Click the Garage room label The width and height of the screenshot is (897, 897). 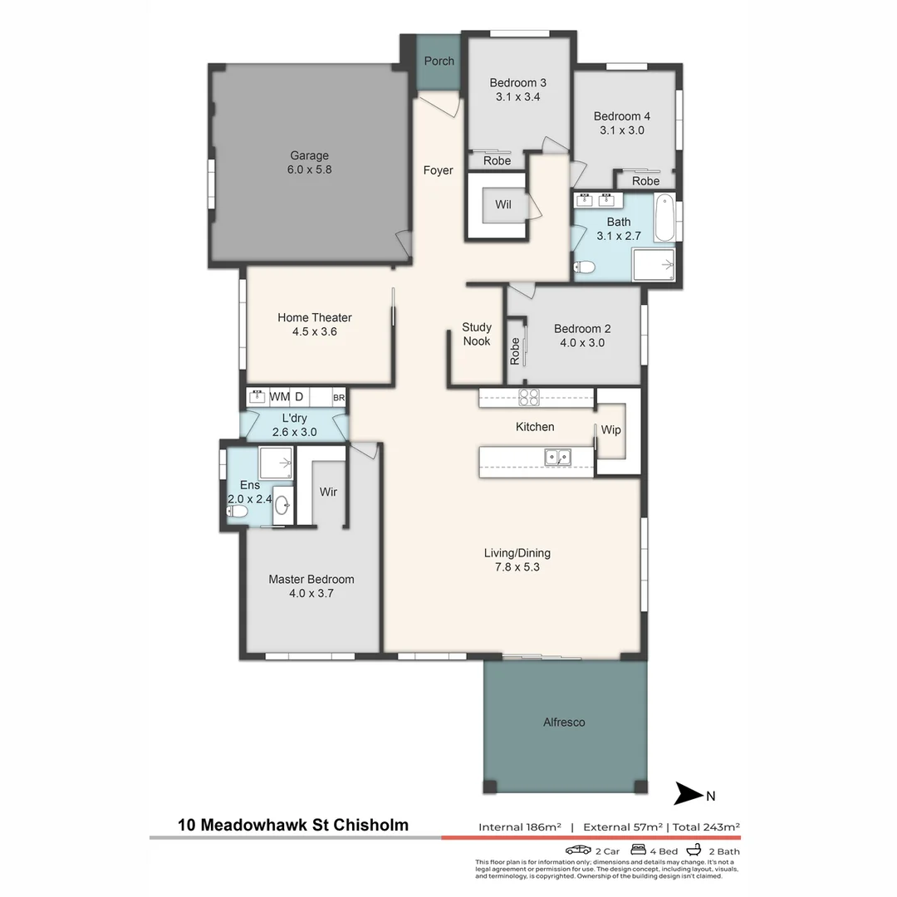(x=309, y=155)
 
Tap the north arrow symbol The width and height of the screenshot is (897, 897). (x=689, y=794)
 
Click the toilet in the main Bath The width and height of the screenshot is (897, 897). (x=585, y=267)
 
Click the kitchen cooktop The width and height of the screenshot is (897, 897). (x=529, y=397)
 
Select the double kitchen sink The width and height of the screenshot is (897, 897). (x=556, y=456)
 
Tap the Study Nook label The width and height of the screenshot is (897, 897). (x=477, y=334)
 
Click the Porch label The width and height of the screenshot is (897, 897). (x=439, y=61)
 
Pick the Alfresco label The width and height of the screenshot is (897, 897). (x=564, y=722)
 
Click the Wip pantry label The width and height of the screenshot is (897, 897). (x=611, y=430)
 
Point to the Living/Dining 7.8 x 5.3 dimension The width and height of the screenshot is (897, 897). (x=517, y=567)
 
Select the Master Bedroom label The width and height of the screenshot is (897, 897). (x=311, y=579)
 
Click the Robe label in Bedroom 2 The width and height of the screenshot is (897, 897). (x=515, y=350)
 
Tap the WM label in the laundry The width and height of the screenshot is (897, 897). (x=279, y=397)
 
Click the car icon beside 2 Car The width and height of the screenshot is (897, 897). (x=578, y=850)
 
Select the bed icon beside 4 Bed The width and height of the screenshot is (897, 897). (x=638, y=850)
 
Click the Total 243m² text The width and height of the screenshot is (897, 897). (x=705, y=826)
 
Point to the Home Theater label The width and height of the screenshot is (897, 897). (x=314, y=317)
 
